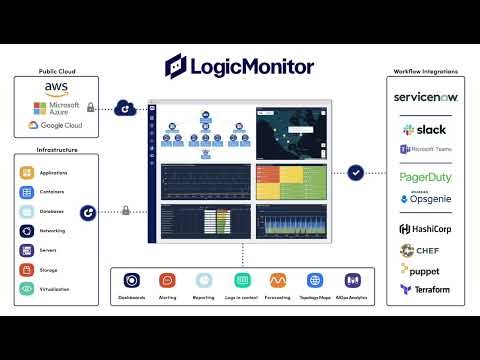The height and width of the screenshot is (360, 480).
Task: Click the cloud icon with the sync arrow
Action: point(126,107)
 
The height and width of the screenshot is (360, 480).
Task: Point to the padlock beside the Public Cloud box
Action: point(91,107)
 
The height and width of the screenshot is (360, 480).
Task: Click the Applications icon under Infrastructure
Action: point(27,173)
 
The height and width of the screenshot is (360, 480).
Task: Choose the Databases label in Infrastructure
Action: point(52,211)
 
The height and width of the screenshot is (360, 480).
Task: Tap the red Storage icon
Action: point(27,269)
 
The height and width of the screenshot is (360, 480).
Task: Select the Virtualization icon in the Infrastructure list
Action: point(27,288)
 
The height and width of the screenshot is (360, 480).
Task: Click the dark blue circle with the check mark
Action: point(355,174)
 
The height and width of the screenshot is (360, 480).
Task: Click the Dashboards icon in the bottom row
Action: point(131,281)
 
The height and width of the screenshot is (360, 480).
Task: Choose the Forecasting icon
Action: point(278,281)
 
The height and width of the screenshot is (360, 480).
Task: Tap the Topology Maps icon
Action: point(315,281)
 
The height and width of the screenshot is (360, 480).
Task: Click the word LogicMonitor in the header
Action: point(255,67)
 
